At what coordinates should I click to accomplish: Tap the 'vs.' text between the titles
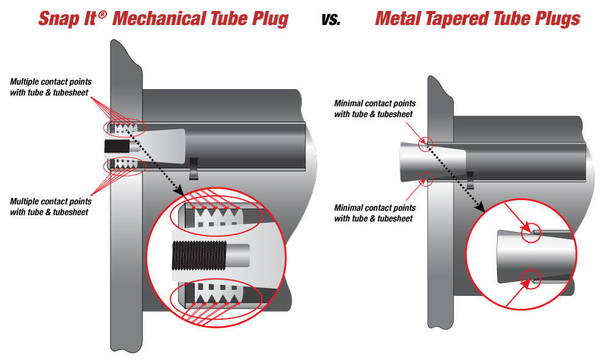pyautogui.click(x=332, y=19)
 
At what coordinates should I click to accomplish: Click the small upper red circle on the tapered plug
pyautogui.click(x=426, y=143)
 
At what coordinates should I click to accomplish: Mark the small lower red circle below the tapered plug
pyautogui.click(x=426, y=178)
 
